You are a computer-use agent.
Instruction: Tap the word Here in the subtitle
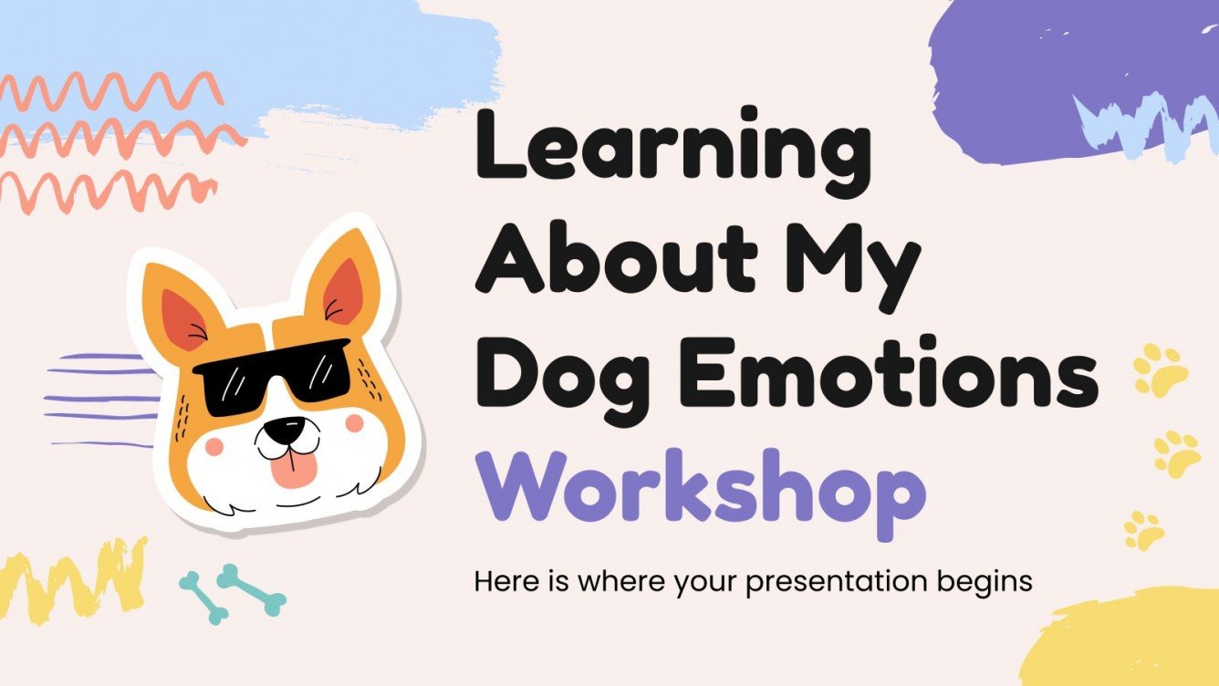tap(501, 581)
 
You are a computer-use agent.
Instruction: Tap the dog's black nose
tap(291, 427)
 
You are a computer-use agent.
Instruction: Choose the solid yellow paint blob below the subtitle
tap(1131, 639)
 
